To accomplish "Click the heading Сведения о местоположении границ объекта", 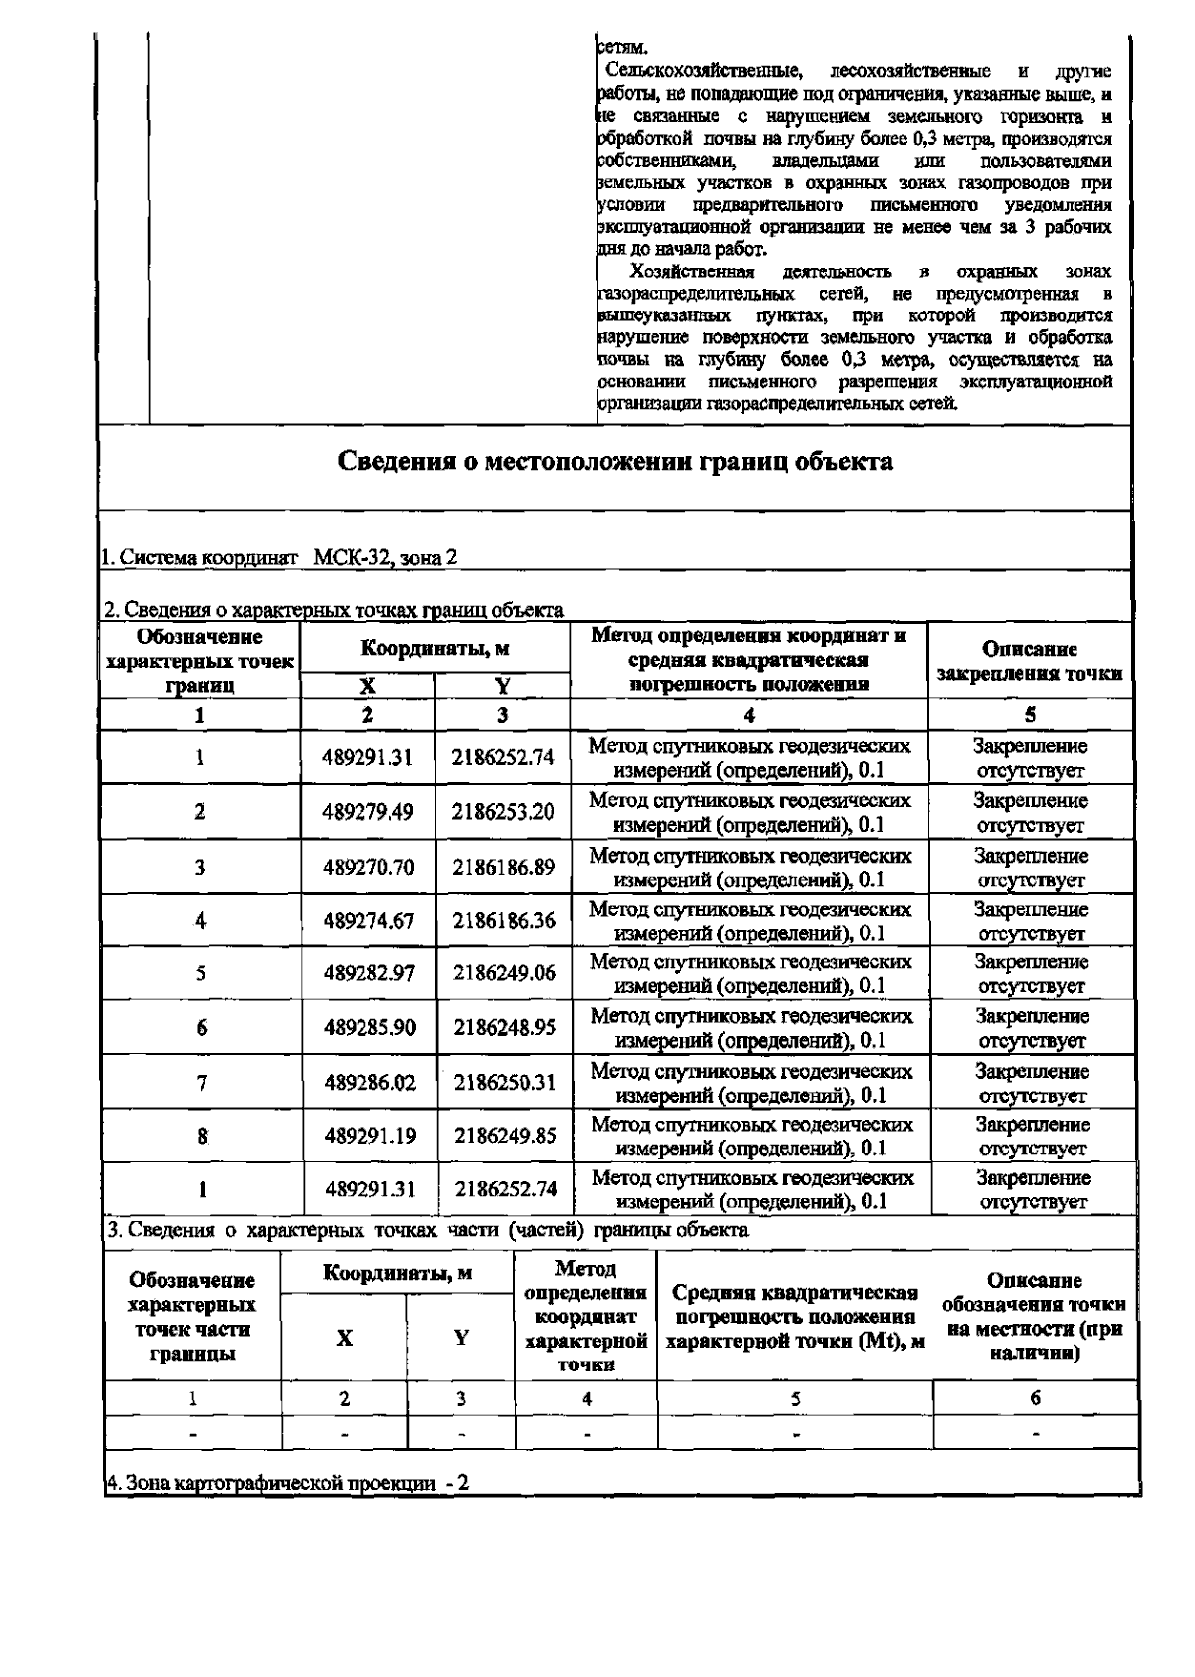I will [614, 462].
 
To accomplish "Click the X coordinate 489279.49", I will [367, 812].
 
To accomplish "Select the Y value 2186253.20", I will [503, 812].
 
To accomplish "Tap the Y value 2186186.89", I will [503, 867].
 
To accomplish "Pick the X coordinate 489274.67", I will [367, 921].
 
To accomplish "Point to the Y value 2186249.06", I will [504, 973].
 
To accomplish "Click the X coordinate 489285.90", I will [368, 1027].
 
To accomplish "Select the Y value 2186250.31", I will [505, 1082].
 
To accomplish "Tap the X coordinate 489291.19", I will [369, 1136].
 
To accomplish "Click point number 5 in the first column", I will [201, 973].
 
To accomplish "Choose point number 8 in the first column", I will [202, 1136].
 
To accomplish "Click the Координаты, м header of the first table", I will [435, 649].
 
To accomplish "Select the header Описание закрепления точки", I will [1030, 661].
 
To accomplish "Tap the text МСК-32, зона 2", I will [385, 558].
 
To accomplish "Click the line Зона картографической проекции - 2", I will [288, 1483].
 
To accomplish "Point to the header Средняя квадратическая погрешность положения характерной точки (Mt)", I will [795, 1317].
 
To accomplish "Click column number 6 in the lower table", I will [1035, 1398].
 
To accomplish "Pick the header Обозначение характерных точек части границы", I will [192, 1316].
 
